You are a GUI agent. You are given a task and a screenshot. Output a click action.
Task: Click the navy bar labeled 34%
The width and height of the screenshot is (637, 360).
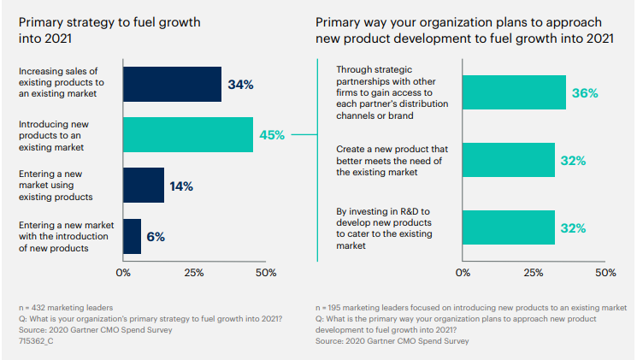[172, 84]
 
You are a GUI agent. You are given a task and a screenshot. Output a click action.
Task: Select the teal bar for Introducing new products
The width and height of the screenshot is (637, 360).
[188, 134]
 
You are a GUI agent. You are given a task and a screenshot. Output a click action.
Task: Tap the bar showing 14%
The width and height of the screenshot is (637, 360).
[144, 185]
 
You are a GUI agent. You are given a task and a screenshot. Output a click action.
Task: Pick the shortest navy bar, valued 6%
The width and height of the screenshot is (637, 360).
[132, 236]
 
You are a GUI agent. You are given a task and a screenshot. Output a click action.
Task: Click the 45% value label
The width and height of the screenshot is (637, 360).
[273, 134]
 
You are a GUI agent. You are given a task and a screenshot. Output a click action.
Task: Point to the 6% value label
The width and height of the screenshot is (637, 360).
[155, 237]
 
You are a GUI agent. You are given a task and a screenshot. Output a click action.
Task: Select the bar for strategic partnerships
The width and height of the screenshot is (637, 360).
[514, 92]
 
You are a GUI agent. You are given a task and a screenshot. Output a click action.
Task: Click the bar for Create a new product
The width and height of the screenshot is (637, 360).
[508, 160]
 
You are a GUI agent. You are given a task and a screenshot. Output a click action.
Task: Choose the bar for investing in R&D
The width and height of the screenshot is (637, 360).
[508, 227]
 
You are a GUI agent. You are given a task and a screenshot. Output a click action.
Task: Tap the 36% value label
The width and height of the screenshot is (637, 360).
[584, 92]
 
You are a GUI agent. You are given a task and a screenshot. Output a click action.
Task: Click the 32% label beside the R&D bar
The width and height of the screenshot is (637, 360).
[573, 228]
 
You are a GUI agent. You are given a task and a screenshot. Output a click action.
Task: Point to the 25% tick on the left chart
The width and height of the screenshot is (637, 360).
[194, 273]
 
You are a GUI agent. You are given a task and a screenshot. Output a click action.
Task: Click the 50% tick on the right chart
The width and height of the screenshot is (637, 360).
[605, 273]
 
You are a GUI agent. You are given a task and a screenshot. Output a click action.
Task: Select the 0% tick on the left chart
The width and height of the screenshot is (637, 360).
[123, 273]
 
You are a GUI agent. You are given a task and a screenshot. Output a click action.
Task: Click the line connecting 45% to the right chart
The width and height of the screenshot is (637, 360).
[304, 134]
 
